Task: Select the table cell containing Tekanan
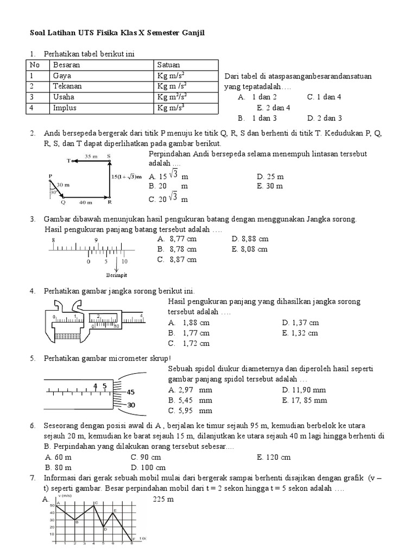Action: (66, 86)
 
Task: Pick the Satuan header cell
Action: (169, 65)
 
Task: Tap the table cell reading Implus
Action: (65, 108)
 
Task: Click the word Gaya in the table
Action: (62, 76)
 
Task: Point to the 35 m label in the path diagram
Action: (91, 156)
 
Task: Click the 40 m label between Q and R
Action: (85, 202)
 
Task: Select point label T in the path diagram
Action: (69, 161)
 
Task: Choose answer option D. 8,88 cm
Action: (250, 239)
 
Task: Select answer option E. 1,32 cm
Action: (300, 333)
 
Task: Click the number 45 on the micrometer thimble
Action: (131, 392)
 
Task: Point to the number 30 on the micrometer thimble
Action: (131, 405)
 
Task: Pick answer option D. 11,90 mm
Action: (304, 390)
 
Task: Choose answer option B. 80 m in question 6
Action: (59, 467)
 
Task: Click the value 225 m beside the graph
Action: (163, 499)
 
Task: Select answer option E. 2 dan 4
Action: (274, 108)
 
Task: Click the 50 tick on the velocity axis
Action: (52, 505)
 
